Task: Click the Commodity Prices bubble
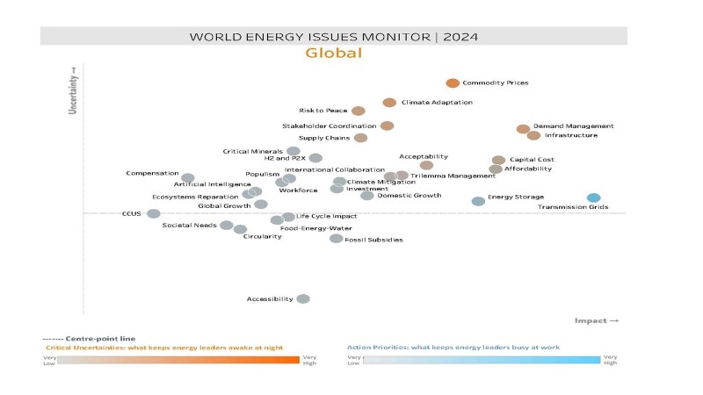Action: click(453, 83)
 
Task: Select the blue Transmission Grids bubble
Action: click(594, 197)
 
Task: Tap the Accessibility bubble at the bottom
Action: click(303, 298)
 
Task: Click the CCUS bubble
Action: click(154, 213)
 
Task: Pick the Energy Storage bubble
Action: click(478, 201)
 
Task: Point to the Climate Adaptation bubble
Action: click(389, 103)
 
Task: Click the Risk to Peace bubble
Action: click(358, 111)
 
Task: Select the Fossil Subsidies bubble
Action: click(336, 238)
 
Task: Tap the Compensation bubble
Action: click(188, 178)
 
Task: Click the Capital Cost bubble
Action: click(498, 161)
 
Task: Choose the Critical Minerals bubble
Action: click(294, 152)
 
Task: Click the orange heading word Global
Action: click(334, 54)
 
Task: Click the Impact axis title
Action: click(596, 320)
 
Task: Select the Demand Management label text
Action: click(573, 126)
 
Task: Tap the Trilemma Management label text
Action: click(453, 176)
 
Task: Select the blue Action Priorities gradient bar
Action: click(482, 360)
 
